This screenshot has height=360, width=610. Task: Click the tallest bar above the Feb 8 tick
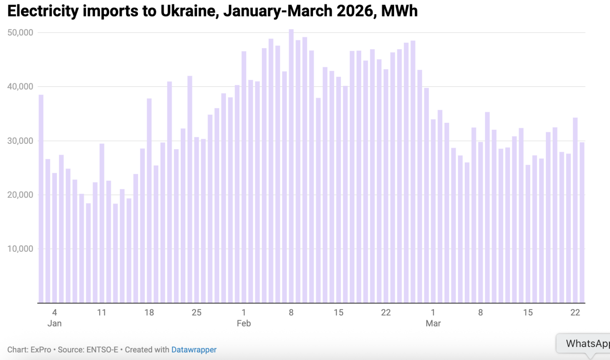tap(291, 166)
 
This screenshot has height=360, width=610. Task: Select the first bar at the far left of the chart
tap(41, 198)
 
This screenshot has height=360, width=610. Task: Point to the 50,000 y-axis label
tap(20, 33)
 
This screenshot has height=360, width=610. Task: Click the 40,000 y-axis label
tap(20, 87)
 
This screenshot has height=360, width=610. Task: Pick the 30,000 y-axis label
tap(20, 141)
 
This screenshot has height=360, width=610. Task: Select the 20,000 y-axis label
tap(20, 195)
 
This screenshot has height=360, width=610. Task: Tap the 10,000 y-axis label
tap(20, 249)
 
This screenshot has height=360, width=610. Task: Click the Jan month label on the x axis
tap(55, 323)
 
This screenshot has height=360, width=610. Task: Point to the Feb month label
tap(244, 323)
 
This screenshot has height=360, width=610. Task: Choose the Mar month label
tap(433, 323)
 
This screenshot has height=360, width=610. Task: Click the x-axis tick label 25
tap(196, 313)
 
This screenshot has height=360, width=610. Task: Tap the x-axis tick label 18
tap(149, 313)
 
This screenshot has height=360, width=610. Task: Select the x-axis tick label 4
tap(55, 313)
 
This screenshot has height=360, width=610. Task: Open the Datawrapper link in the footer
tap(194, 350)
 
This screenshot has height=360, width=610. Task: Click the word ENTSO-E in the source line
tap(102, 350)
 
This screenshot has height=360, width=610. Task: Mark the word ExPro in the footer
tap(41, 350)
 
